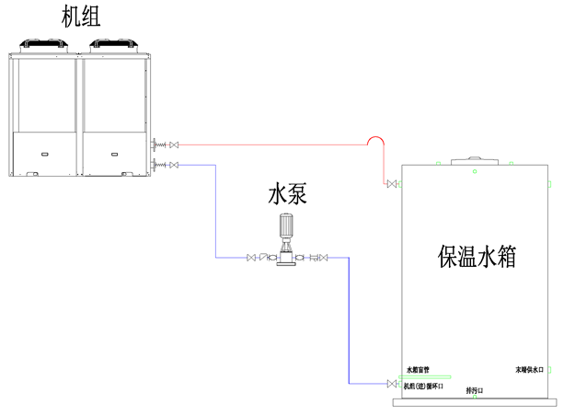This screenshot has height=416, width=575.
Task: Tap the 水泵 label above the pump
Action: [x=286, y=194]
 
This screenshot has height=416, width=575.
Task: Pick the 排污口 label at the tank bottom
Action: [x=475, y=391]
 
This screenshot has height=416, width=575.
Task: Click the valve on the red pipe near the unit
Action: [x=175, y=144]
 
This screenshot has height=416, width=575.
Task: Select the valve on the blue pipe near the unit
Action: [x=175, y=165]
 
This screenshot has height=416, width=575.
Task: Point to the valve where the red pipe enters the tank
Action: [x=393, y=187]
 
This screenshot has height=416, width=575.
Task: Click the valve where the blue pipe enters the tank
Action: [x=393, y=382]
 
